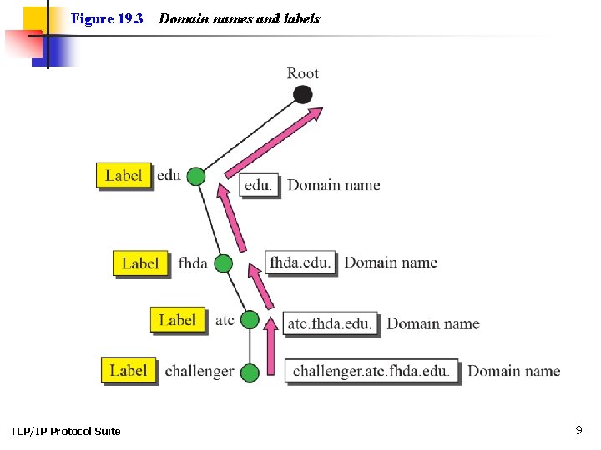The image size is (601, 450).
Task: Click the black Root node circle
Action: click(x=303, y=94)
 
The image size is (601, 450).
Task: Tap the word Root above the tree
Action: click(x=303, y=73)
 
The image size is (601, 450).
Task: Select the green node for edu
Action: click(x=195, y=176)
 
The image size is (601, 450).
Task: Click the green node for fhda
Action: click(x=223, y=263)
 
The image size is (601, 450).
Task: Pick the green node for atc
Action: click(x=250, y=319)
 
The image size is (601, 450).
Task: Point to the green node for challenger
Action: click(x=250, y=372)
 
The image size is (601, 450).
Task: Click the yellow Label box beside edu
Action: click(x=124, y=176)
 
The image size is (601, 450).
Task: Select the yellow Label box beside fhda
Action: click(x=139, y=263)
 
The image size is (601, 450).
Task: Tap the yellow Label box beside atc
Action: click(x=178, y=320)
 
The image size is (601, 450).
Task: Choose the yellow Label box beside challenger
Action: click(x=129, y=370)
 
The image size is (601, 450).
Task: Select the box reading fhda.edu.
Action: click(x=300, y=262)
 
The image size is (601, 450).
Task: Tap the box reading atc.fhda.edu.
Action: click(x=330, y=323)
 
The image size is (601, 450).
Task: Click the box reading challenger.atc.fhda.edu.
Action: click(x=371, y=371)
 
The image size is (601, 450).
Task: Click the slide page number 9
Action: click(x=578, y=430)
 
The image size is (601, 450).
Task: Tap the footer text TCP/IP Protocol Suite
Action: click(x=65, y=431)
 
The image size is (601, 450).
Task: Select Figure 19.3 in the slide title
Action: click(x=107, y=18)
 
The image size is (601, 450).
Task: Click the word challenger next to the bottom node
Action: click(x=199, y=371)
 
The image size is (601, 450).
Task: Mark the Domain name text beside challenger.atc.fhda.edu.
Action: click(x=513, y=371)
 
